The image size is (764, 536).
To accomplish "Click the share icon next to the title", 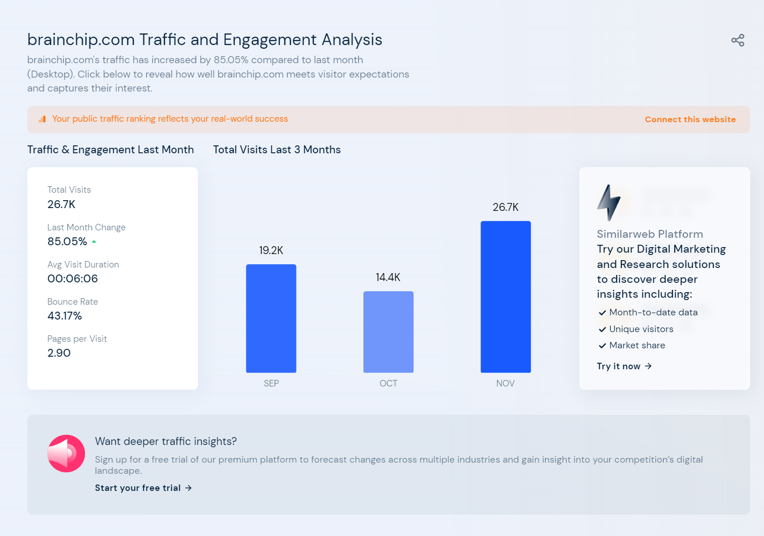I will (x=738, y=40).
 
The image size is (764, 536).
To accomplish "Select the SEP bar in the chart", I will (x=271, y=318).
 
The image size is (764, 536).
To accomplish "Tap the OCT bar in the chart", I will (x=388, y=332).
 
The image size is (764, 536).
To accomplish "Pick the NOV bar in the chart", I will (x=505, y=297).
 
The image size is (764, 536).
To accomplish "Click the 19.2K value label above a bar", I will (x=271, y=250).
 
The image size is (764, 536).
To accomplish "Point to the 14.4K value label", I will (x=388, y=277).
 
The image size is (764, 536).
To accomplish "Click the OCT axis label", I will (x=388, y=383).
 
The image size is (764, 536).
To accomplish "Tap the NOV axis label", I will (x=505, y=383).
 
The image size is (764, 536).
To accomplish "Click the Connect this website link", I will (x=690, y=119).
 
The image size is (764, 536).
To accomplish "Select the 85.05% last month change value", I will (x=67, y=242).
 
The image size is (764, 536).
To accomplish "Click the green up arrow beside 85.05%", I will (x=94, y=242).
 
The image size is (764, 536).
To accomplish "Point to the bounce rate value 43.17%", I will (x=65, y=316).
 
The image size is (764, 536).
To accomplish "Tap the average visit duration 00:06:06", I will (x=72, y=279).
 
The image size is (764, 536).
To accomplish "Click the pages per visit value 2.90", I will (x=59, y=353).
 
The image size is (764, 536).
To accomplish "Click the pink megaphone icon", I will (x=66, y=453).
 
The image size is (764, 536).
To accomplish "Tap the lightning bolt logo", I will (x=609, y=203).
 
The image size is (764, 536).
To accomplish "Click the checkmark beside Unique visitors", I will (x=602, y=329).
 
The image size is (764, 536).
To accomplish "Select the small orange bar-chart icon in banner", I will (x=42, y=119).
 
